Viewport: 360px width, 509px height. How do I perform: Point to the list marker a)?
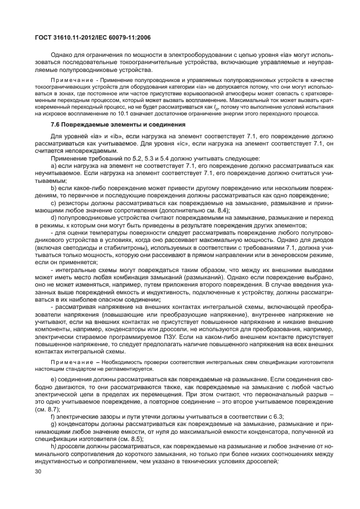click(x=53, y=166)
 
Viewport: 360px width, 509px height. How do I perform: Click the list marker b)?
click(x=53, y=188)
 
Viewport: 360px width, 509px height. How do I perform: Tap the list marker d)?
click(x=53, y=218)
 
